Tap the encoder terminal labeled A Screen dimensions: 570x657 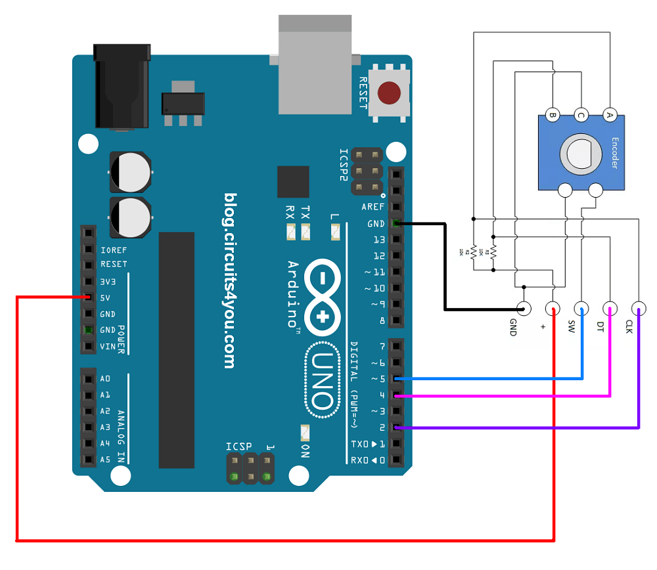pyautogui.click(x=610, y=116)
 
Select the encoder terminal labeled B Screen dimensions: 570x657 pyautogui.click(x=553, y=116)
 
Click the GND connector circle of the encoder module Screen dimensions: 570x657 pyautogui.click(x=524, y=308)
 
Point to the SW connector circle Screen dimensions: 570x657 pyautogui.click(x=581, y=308)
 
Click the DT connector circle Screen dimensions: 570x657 pyautogui.click(x=610, y=308)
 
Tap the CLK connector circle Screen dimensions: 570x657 pyautogui.click(x=639, y=308)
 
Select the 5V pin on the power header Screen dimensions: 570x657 pyautogui.click(x=87, y=298)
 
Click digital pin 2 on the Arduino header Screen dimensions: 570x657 pyautogui.click(x=396, y=427)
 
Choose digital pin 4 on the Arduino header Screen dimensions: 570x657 pyautogui.click(x=396, y=395)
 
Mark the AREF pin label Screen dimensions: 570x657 pyautogui.click(x=373, y=207)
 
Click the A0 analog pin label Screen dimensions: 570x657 pyautogui.click(x=105, y=379)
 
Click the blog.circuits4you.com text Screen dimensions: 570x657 pyautogui.click(x=229, y=280)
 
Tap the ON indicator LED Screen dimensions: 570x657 pyautogui.click(x=304, y=433)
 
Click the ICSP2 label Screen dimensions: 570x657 pyautogui.click(x=344, y=170)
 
